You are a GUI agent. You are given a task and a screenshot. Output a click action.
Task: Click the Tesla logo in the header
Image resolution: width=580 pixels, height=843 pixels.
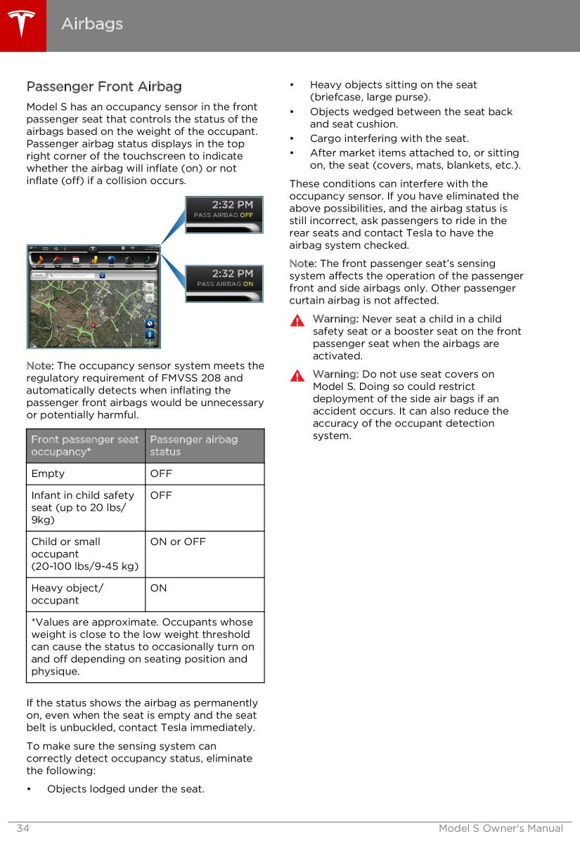point(22,25)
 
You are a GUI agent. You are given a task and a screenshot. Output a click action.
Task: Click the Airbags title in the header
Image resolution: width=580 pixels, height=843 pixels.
point(92,24)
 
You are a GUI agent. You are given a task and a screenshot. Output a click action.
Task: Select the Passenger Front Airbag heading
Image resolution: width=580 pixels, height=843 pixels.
point(103,87)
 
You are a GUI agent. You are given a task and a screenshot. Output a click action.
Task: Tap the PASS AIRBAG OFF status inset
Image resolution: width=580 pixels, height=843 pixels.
point(224,214)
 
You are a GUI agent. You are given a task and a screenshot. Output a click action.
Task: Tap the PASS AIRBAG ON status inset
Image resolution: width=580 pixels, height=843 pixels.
point(224,283)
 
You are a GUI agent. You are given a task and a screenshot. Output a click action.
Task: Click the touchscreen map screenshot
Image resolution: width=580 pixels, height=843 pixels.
point(94,296)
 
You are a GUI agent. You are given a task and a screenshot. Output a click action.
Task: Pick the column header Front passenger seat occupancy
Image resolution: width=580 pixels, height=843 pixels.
point(85,445)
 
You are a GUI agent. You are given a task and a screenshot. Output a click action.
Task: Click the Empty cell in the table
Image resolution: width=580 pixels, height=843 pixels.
point(48,473)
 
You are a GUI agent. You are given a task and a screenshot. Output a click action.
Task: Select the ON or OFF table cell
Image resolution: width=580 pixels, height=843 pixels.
point(178,542)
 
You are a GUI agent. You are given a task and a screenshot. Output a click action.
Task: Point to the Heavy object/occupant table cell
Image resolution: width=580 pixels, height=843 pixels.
point(67,594)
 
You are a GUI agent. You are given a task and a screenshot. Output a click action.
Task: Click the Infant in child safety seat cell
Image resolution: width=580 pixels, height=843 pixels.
point(82,507)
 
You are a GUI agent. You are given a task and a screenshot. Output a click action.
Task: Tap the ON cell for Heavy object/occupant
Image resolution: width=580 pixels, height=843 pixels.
point(159,588)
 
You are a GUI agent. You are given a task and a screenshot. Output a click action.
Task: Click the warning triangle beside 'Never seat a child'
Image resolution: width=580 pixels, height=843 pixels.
point(299,320)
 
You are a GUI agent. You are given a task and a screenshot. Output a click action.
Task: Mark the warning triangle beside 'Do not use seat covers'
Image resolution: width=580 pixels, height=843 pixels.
point(299,375)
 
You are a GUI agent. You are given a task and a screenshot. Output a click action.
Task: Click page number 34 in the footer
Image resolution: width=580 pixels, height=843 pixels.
point(23,829)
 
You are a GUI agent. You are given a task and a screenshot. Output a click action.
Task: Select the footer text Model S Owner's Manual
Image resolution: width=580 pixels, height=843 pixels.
point(501,829)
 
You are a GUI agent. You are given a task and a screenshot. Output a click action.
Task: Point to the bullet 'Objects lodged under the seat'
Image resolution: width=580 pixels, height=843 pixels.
point(126,789)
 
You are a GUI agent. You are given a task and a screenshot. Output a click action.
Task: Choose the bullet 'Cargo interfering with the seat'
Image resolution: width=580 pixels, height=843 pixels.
point(389,138)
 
